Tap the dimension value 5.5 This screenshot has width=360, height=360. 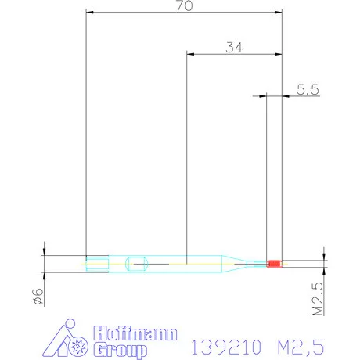tap(308, 90)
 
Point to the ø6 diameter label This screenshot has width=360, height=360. tap(36, 295)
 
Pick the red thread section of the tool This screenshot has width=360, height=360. tap(273, 264)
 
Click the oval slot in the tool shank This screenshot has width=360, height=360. tap(137, 263)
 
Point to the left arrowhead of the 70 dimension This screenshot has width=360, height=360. tap(88, 13)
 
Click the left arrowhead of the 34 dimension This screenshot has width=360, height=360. tap(189, 54)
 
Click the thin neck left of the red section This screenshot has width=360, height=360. tap(255, 264)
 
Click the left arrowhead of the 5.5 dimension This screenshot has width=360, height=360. tap(263, 96)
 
